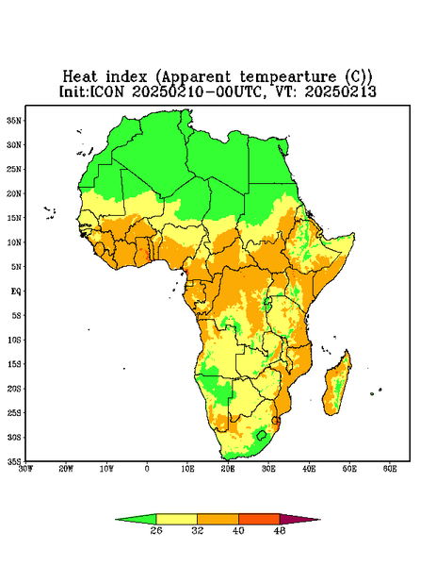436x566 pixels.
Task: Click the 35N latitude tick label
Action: pyautogui.click(x=14, y=120)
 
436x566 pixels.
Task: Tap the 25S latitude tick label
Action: pyautogui.click(x=14, y=412)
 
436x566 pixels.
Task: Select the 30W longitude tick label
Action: pyautogui.click(x=25, y=469)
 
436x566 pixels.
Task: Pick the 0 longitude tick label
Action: pyautogui.click(x=147, y=469)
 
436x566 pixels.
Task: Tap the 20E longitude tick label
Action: pyautogui.click(x=228, y=469)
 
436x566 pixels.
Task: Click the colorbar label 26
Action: pyautogui.click(x=156, y=530)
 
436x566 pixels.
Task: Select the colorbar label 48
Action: pyautogui.click(x=280, y=530)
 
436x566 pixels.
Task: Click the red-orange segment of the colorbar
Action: pyautogui.click(x=259, y=519)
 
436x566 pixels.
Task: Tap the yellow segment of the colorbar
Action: pyautogui.click(x=176, y=519)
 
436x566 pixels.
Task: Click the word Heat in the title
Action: pyautogui.click(x=80, y=77)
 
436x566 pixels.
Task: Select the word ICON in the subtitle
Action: pyautogui.click(x=106, y=92)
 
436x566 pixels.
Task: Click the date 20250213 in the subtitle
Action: pyautogui.click(x=341, y=92)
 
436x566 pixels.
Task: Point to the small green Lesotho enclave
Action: pyautogui.click(x=262, y=435)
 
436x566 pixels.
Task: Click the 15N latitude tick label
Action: pyautogui.click(x=14, y=218)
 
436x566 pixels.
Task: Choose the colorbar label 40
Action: pyautogui.click(x=238, y=530)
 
